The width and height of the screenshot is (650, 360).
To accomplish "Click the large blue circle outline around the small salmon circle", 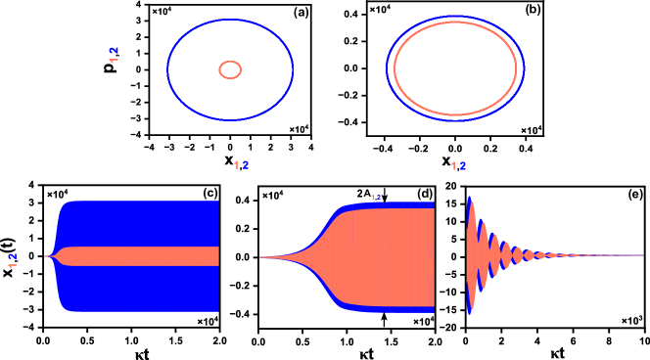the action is [x=167, y=68].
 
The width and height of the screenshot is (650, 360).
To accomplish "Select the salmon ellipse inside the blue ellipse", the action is [x=395, y=68].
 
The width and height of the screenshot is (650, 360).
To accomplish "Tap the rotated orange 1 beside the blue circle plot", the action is [x=115, y=60].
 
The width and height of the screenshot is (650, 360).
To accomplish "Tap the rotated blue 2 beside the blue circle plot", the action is [x=115, y=50].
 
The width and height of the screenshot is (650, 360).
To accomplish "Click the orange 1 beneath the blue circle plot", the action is [x=236, y=165].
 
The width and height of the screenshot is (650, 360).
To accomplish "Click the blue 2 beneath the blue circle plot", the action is [x=246, y=165].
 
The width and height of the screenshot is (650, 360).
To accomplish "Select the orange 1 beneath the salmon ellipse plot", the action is [x=453, y=166].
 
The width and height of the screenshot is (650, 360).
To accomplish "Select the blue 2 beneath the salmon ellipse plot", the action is [x=463, y=166].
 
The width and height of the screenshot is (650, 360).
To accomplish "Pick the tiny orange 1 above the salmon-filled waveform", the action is [x=373, y=197].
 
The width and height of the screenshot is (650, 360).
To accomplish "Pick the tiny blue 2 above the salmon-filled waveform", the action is [x=379, y=197].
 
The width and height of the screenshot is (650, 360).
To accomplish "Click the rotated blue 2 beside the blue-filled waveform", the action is [x=13, y=256].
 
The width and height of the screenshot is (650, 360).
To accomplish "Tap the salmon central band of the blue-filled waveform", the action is [x=147, y=256].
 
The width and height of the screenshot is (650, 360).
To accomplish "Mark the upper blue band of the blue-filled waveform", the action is [x=147, y=223].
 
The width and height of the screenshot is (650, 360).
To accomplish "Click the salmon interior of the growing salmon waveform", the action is [x=392, y=256].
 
